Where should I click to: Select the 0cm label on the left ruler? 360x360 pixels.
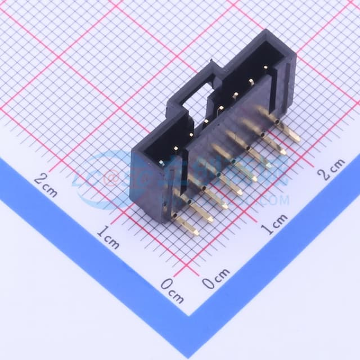click(172, 290)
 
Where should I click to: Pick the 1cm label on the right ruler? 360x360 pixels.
click(274, 223)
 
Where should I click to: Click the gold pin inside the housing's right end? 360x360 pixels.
click(265, 69)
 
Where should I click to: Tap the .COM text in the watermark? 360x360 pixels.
click(275, 200)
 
